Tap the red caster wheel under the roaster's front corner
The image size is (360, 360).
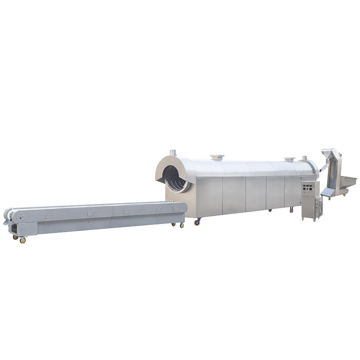[x=197, y=222]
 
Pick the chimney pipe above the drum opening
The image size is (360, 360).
[x=172, y=153]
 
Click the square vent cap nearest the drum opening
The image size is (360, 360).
[x=217, y=157]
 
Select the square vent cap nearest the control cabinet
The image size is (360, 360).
[x=289, y=159]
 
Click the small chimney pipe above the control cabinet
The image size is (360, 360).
[x=305, y=158]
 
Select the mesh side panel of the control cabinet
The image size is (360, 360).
[x=320, y=208]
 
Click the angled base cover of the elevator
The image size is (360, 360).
[x=328, y=192]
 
